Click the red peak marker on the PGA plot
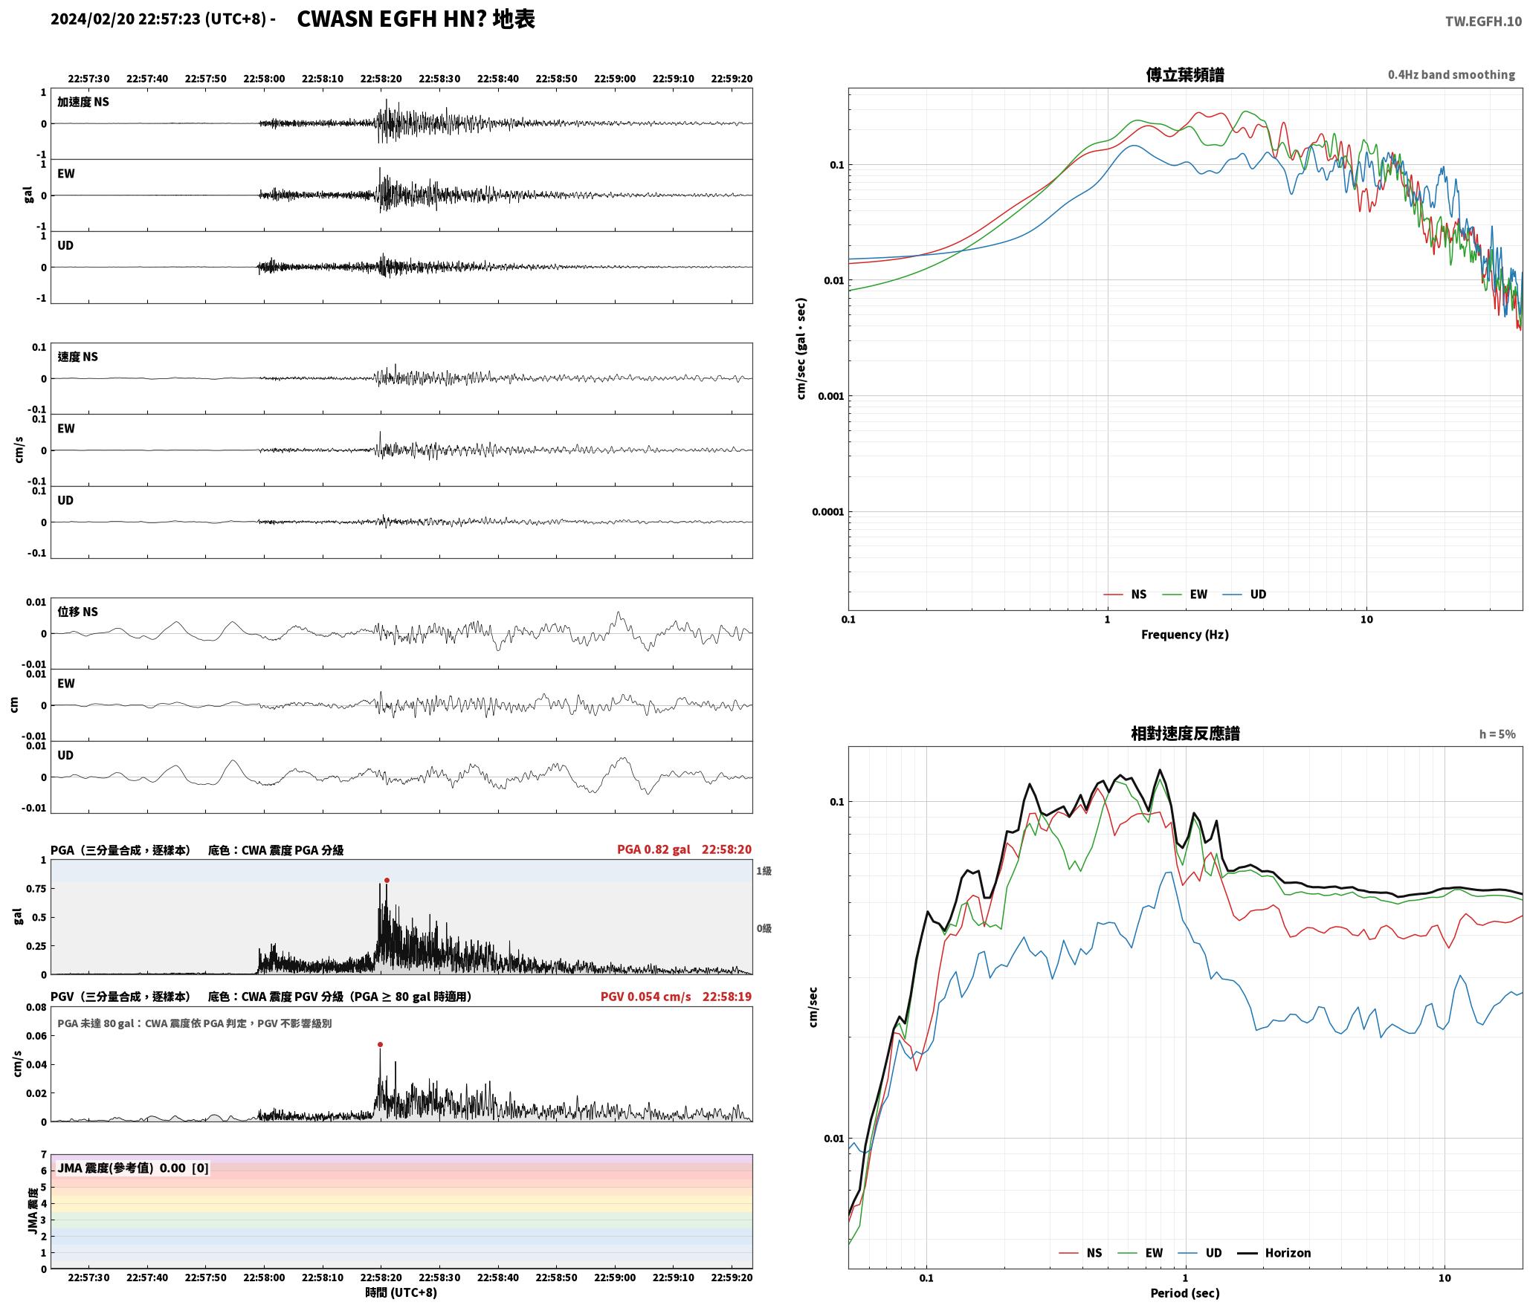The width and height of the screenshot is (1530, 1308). [x=387, y=881]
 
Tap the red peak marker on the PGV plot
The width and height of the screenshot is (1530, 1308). [x=380, y=1045]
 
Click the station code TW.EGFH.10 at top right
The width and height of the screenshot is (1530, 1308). [x=1483, y=22]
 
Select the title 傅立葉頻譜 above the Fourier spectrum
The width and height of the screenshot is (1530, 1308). [x=1185, y=75]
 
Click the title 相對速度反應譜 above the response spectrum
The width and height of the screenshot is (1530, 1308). [x=1185, y=734]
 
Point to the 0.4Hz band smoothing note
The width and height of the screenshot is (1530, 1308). [x=1451, y=75]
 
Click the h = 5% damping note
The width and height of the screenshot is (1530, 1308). [x=1497, y=734]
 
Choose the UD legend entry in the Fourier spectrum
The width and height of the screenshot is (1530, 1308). [x=1245, y=595]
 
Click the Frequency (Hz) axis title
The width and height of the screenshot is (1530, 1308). [x=1185, y=635]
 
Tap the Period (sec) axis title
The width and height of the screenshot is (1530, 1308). [x=1185, y=1293]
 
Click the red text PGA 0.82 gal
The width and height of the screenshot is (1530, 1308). [x=653, y=849]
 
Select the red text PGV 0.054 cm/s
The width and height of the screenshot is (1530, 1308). [x=645, y=997]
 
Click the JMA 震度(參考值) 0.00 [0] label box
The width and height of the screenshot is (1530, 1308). [x=133, y=1168]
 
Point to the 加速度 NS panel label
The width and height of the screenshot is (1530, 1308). [x=83, y=102]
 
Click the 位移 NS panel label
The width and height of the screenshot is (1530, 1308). [x=78, y=612]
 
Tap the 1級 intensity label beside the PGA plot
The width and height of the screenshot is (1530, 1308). [x=764, y=871]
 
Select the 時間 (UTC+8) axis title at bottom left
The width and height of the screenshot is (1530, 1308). [x=401, y=1293]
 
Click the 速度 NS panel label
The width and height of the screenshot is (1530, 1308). [x=78, y=357]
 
